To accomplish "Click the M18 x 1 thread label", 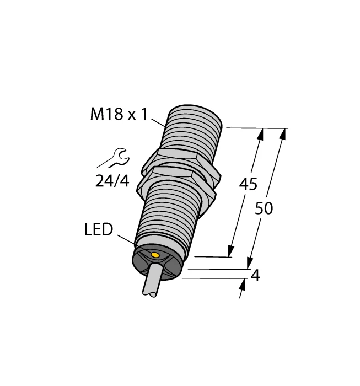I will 119,115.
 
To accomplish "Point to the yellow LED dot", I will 155,255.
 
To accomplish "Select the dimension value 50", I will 265,208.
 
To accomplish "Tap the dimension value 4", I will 255,276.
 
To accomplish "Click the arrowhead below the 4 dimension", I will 243,283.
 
